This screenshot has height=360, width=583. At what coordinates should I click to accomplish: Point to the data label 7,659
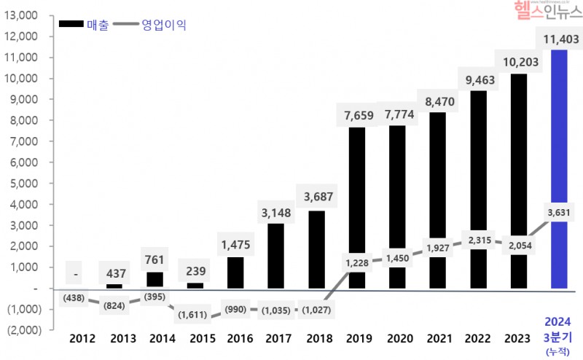[357, 114]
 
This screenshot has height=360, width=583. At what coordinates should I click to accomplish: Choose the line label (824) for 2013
[114, 305]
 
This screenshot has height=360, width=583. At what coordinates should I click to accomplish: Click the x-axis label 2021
[438, 338]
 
